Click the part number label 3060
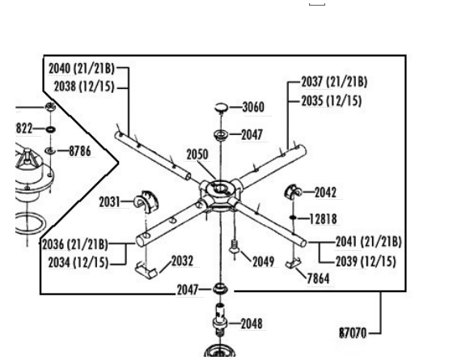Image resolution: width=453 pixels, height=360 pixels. [x=253, y=107]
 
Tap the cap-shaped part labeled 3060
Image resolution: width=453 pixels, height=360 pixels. [x=222, y=108]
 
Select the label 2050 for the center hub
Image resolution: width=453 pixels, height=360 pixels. [x=197, y=155]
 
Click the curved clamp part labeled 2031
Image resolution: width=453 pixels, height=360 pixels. [x=146, y=201]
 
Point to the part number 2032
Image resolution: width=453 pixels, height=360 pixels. [x=182, y=260]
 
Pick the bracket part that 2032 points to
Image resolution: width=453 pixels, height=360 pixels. [x=146, y=271]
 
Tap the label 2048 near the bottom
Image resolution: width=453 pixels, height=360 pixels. [x=252, y=324]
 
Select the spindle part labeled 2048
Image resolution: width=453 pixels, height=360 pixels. [x=220, y=320]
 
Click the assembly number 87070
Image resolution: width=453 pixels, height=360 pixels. [x=353, y=332]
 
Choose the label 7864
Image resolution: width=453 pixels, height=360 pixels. [x=318, y=278]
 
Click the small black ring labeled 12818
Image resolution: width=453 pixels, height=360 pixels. [x=293, y=218]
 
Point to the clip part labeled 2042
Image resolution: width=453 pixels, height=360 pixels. [x=293, y=192]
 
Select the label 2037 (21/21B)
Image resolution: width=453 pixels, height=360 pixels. [x=334, y=82]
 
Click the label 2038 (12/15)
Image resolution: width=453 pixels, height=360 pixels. [x=84, y=87]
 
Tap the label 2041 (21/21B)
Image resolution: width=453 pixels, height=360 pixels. [x=369, y=242]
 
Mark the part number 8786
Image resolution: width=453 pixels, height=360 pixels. [x=80, y=151]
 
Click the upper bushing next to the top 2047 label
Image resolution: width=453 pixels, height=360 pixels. [x=221, y=134]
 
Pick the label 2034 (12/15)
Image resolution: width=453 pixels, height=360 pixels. [x=78, y=263]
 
